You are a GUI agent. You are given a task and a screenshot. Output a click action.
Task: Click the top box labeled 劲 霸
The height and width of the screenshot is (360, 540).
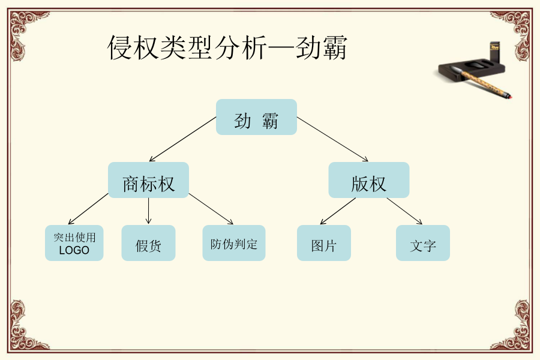click(x=256, y=117)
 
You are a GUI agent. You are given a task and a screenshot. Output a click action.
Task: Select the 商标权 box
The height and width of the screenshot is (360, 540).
click(x=148, y=180)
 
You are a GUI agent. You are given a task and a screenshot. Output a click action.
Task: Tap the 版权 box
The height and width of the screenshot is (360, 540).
click(x=369, y=180)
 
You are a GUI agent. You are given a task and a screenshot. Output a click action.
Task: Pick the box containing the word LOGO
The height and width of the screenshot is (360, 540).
click(x=74, y=243)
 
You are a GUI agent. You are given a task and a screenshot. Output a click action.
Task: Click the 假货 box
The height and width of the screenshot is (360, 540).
click(x=148, y=243)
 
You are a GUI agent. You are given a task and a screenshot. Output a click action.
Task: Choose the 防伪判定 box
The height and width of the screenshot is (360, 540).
click(x=234, y=243)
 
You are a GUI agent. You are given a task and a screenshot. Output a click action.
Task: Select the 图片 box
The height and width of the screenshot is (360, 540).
click(x=324, y=243)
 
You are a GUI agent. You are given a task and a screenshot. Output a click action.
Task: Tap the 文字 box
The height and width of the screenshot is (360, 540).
click(x=423, y=243)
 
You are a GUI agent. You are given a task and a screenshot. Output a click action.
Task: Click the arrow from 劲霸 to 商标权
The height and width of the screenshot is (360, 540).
click(x=183, y=139)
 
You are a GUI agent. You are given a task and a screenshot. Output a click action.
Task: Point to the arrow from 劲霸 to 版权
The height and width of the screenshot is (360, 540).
click(x=332, y=139)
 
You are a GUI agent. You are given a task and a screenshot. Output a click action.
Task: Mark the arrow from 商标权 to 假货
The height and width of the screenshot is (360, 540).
click(x=148, y=211)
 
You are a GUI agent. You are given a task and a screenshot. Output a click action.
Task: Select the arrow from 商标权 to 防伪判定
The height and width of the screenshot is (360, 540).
click(x=211, y=209)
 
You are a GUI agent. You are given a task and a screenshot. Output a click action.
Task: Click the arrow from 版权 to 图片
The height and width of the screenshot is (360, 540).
click(x=338, y=211)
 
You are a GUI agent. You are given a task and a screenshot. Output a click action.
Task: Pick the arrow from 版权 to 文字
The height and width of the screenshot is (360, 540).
click(x=404, y=211)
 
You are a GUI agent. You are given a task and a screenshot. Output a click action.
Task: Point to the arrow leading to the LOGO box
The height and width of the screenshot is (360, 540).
click(x=88, y=209)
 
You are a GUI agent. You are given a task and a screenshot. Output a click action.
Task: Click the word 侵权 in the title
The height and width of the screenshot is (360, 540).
click(x=134, y=47)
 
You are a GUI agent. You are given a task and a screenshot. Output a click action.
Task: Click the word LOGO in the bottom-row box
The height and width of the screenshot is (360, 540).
click(x=74, y=250)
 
